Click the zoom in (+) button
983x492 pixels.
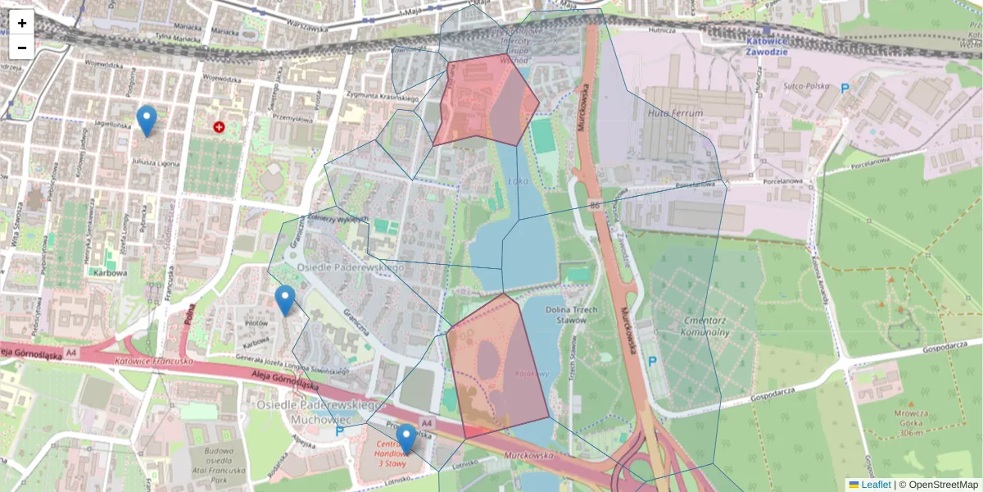point(22,23)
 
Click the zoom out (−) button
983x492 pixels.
point(22,48)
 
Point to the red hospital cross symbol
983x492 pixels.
point(219,127)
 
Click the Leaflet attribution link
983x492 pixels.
point(876,485)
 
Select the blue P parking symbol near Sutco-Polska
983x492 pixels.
point(845,88)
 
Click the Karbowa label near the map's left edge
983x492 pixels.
point(110,273)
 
